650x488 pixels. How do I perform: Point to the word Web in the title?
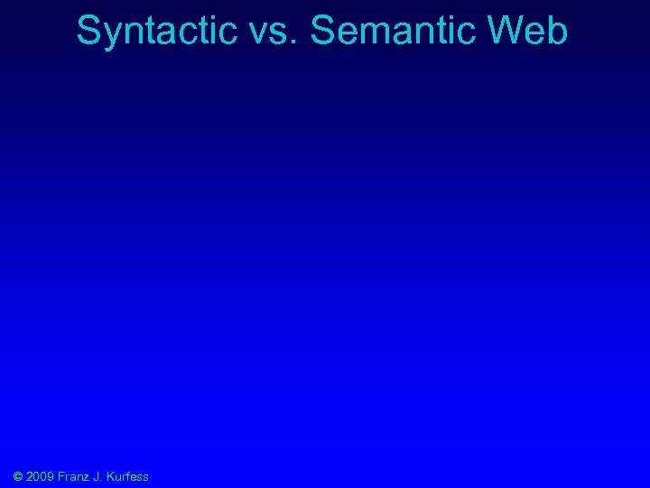point(536,31)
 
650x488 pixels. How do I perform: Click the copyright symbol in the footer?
point(19,476)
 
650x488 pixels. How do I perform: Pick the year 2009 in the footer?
point(40,476)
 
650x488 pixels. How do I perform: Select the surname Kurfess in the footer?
point(127,476)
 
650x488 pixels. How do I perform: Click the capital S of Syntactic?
point(88,31)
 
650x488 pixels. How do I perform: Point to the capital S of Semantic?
point(321,31)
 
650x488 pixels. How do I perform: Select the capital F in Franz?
point(60,476)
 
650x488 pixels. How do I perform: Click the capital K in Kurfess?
point(109,476)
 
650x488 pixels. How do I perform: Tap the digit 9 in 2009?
point(49,476)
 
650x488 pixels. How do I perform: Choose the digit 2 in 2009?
point(31,476)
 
